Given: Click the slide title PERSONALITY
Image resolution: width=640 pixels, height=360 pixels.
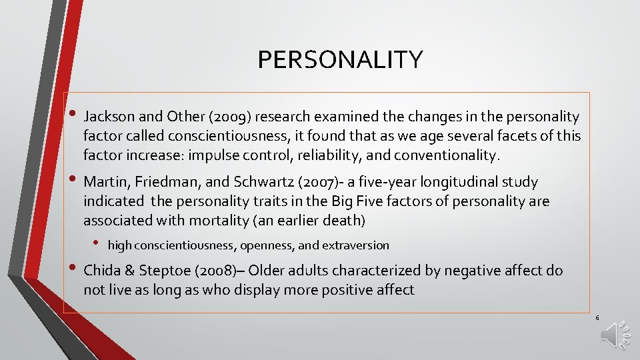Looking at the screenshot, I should (x=340, y=60).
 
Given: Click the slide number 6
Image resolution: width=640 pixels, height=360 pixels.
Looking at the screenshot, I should (x=597, y=318).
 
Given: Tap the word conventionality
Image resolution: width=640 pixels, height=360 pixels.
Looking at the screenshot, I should (x=446, y=156).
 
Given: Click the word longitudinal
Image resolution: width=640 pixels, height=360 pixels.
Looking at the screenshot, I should (x=441, y=182).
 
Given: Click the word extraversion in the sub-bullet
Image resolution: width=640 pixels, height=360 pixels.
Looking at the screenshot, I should (x=355, y=245).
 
